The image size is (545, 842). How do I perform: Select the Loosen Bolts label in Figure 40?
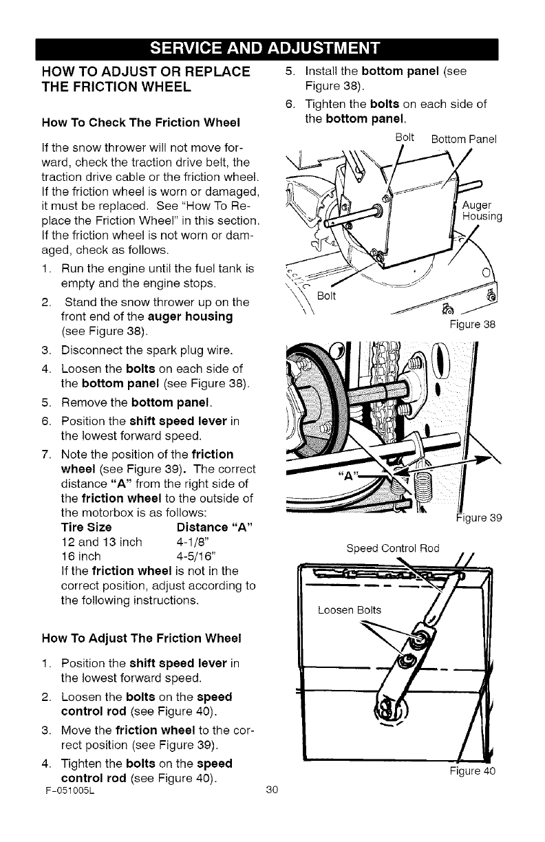point(350,609)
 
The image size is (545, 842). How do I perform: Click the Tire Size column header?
point(86,528)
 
